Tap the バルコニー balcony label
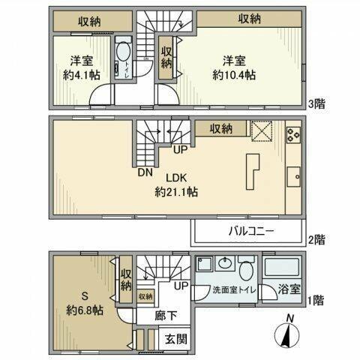tap(247, 232)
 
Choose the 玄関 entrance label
tap(176, 340)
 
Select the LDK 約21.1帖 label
tap(176, 184)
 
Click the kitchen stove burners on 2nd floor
tap(292, 136)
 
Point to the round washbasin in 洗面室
tap(224, 266)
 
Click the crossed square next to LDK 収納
tap(261, 130)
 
